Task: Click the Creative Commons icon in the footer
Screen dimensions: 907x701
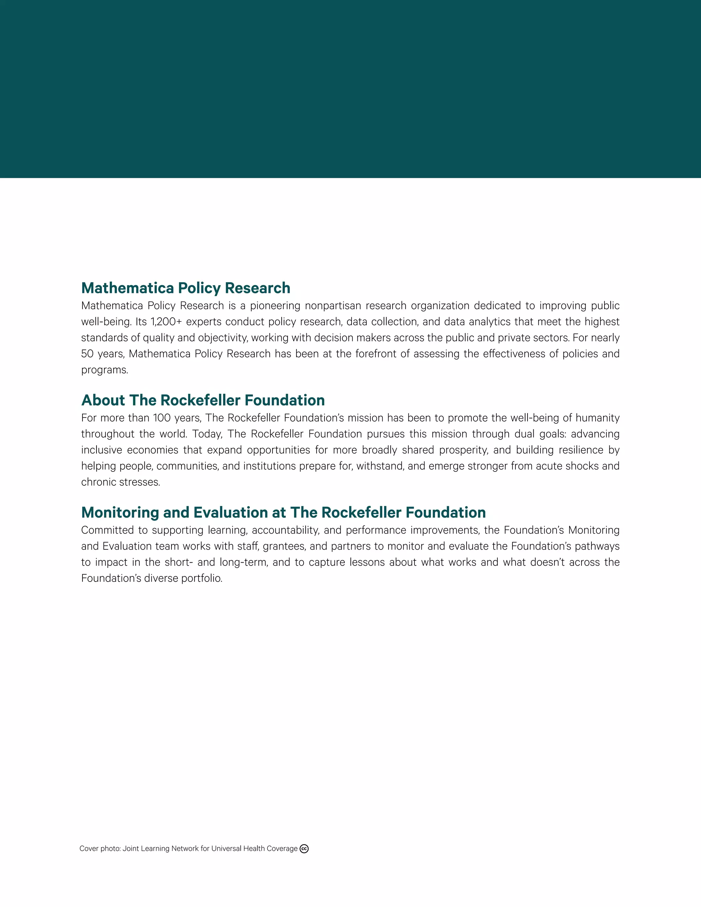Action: [304, 849]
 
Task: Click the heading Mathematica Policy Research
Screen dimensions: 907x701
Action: [186, 288]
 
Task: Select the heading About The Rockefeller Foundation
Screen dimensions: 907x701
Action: [203, 400]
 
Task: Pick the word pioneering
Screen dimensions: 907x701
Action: [275, 306]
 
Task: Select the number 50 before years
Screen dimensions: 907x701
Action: [87, 354]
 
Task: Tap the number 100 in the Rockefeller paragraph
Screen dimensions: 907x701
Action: [161, 418]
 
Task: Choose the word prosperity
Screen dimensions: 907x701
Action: [463, 450]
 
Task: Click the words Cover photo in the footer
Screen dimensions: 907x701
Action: [100, 849]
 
